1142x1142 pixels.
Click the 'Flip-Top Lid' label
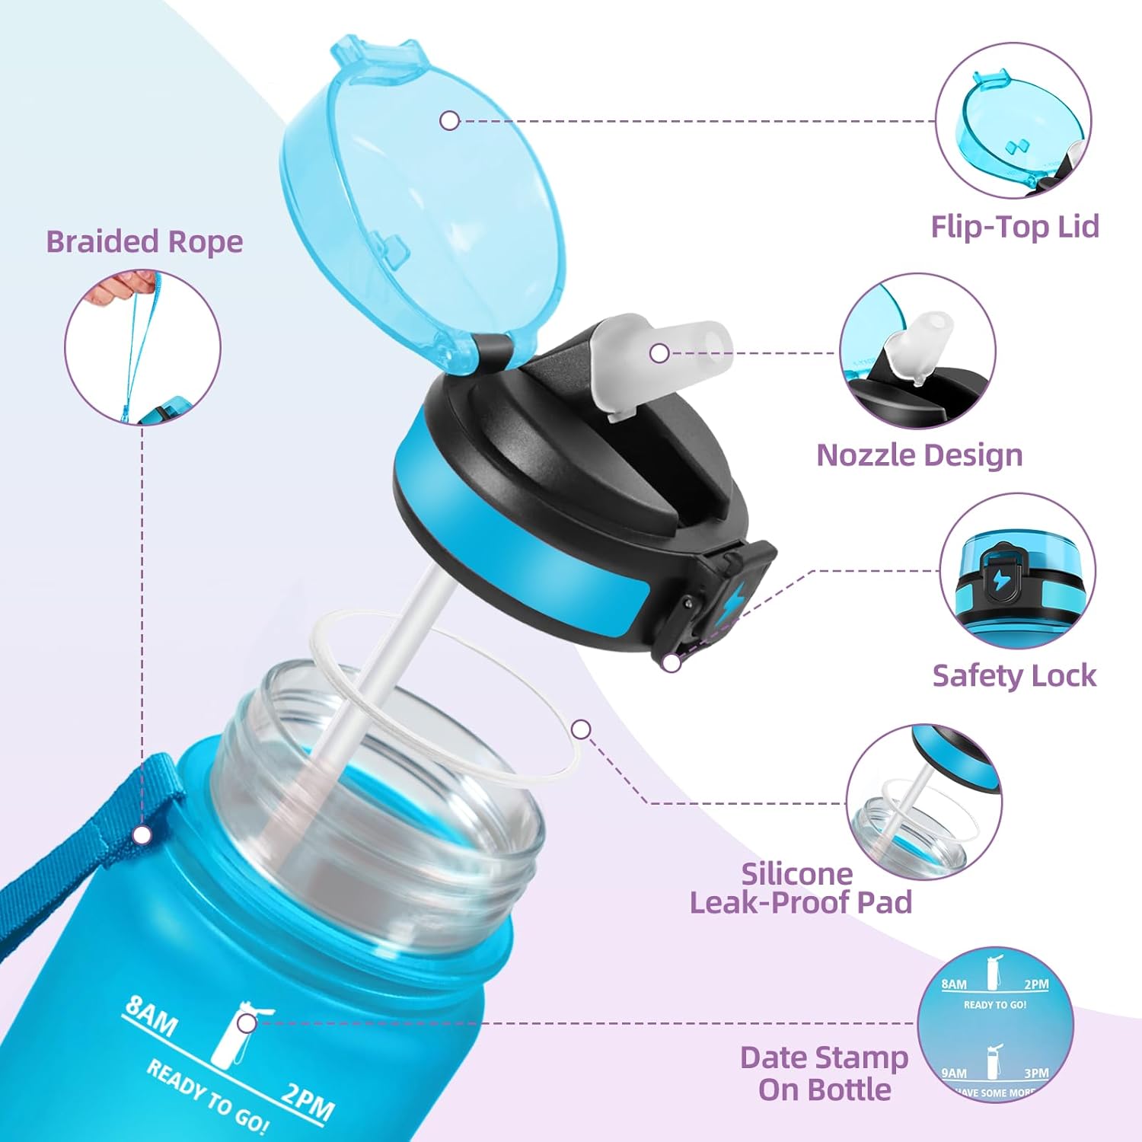[x=1015, y=227]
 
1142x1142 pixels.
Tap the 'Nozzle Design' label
[x=919, y=455]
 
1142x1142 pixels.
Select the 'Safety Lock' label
[x=1014, y=676]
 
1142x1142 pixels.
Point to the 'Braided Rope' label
[x=145, y=241]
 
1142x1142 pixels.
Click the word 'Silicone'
[x=796, y=874]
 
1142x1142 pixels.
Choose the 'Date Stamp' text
[x=824, y=1057]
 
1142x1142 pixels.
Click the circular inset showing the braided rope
[x=142, y=346]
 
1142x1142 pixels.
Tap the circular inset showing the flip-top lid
[x=1013, y=121]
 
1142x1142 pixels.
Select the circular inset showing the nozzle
[x=917, y=352]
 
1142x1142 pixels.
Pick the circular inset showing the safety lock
[x=1017, y=571]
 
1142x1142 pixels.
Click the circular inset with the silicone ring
[x=923, y=802]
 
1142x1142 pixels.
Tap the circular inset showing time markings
[x=995, y=1025]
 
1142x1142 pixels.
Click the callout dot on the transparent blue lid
[x=450, y=120]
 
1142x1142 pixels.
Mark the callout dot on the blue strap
[x=142, y=835]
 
